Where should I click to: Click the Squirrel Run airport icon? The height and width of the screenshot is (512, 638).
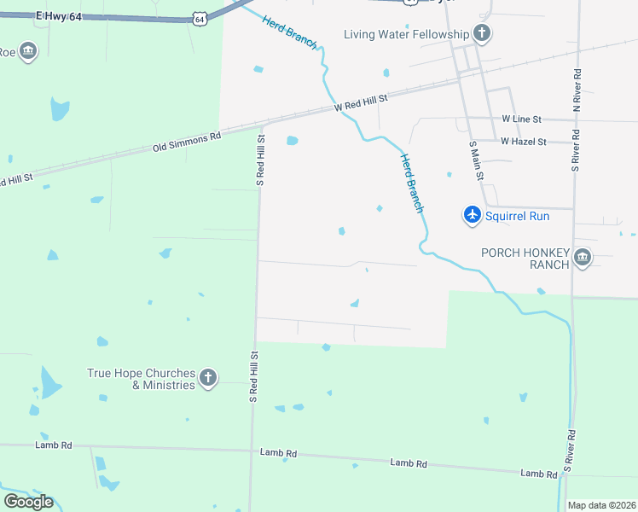tap(473, 215)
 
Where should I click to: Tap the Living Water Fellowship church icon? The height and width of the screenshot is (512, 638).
tap(482, 34)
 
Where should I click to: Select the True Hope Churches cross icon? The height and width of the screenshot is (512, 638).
tap(208, 378)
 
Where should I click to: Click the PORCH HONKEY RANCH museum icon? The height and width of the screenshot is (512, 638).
tap(583, 258)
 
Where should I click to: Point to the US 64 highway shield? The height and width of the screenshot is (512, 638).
tap(200, 17)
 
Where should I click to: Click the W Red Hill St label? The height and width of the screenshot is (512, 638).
tap(361, 103)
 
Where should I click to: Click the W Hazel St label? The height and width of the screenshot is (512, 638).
tap(524, 141)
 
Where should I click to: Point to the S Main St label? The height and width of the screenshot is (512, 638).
tap(476, 160)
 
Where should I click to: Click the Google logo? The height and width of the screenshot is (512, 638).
tap(27, 502)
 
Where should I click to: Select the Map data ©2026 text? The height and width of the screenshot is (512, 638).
tap(601, 505)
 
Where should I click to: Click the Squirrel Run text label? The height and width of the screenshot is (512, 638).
tap(518, 216)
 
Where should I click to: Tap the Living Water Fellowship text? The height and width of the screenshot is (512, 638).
tap(407, 34)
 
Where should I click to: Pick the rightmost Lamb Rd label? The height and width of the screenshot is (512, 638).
tap(539, 473)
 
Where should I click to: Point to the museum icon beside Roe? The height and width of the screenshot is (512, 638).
tap(28, 51)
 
